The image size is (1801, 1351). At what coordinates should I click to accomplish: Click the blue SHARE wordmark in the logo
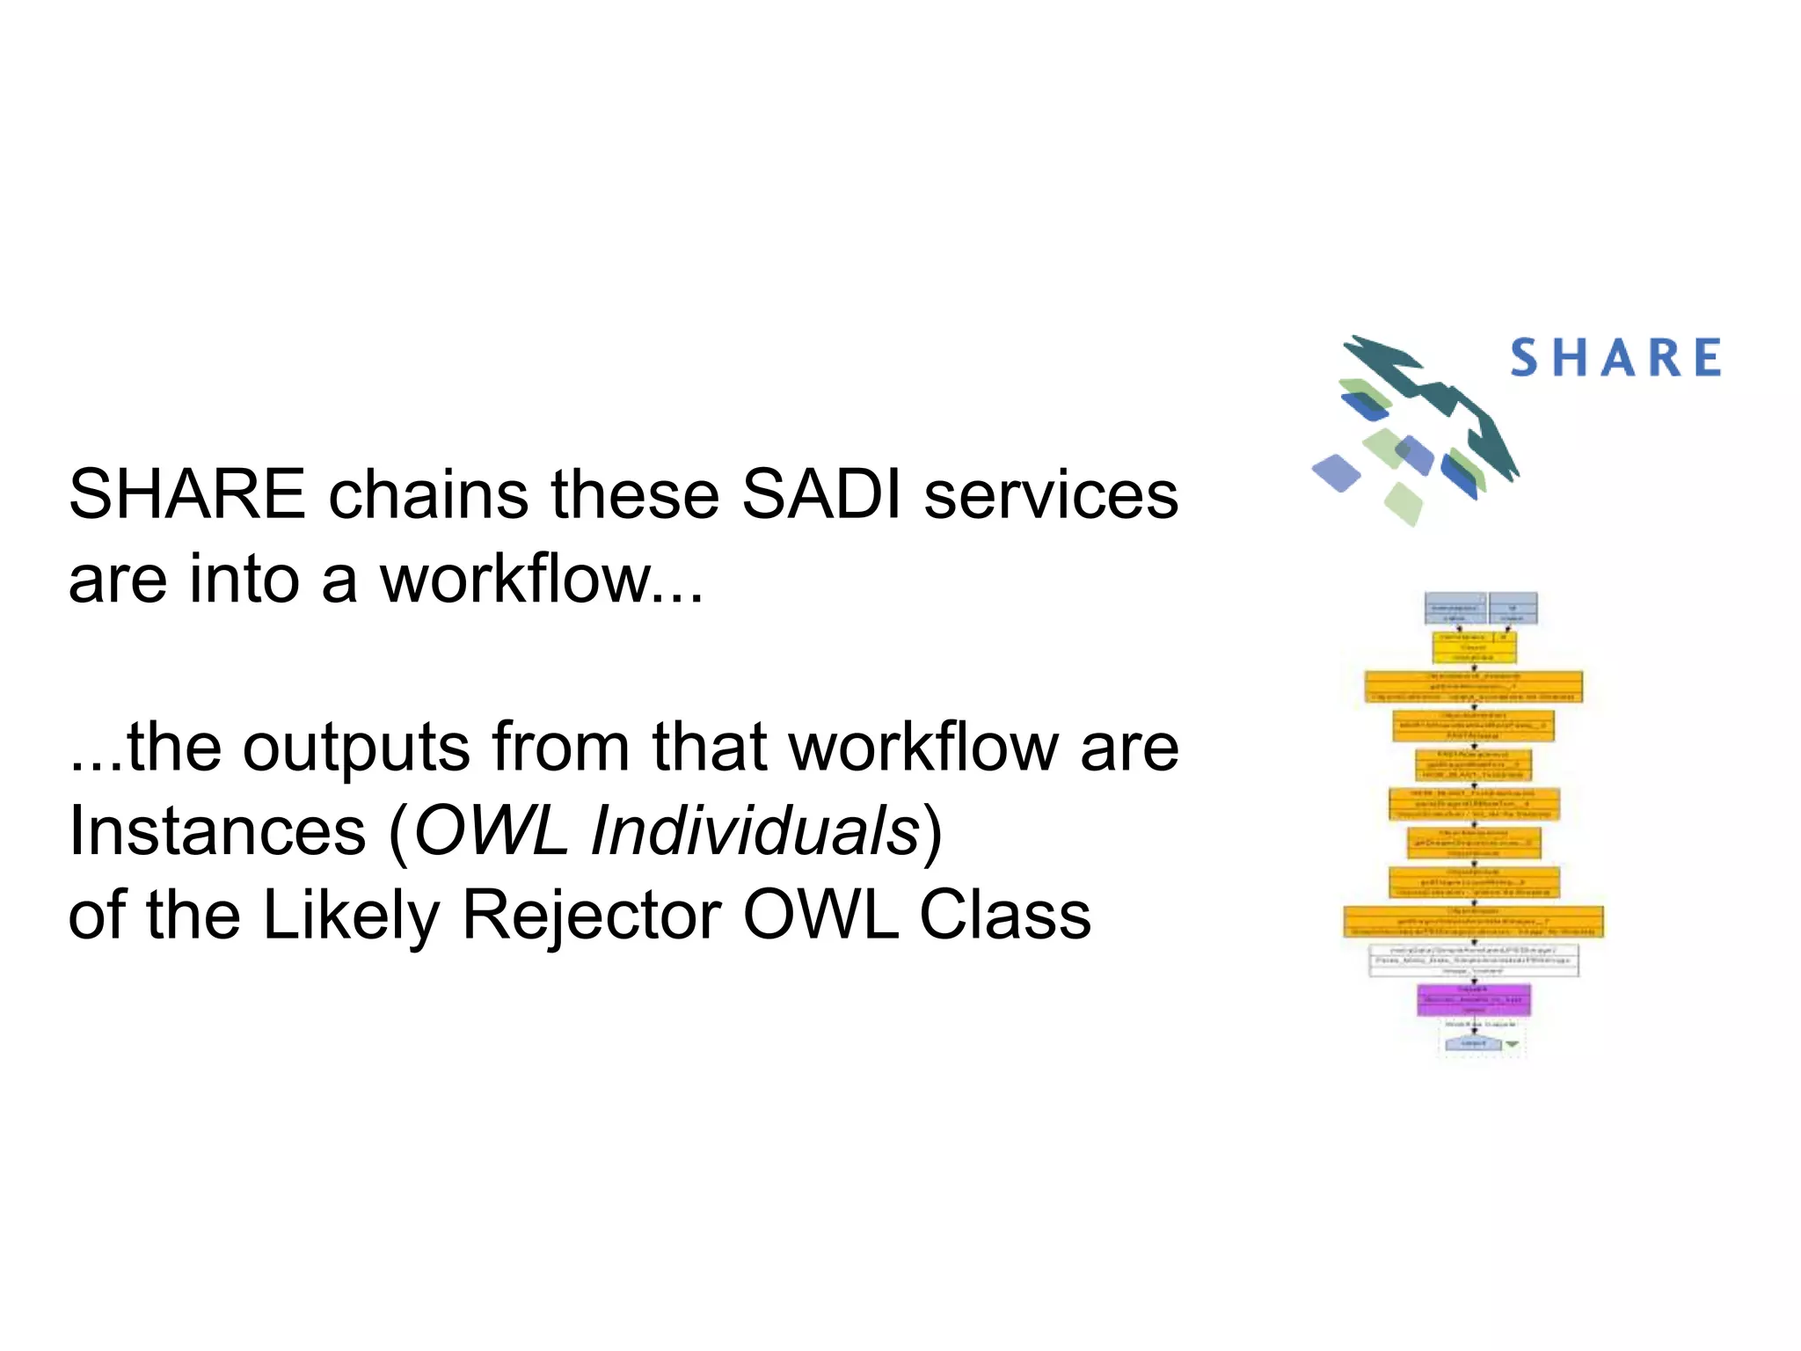point(1615,358)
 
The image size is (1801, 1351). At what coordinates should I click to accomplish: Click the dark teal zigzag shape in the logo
point(1442,396)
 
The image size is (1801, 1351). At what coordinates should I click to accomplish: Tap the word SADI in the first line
point(820,494)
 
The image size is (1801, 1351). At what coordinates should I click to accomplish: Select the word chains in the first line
point(428,494)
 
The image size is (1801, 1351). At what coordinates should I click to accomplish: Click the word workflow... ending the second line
point(541,580)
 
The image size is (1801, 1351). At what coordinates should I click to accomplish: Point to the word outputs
point(356,748)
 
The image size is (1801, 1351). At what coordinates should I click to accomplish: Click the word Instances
point(217,831)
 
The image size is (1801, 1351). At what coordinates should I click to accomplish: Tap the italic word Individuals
point(755,831)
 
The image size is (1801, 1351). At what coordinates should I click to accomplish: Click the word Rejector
point(591,916)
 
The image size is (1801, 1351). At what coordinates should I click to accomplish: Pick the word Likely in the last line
point(351,916)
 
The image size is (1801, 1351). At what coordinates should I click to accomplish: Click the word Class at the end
point(1004,916)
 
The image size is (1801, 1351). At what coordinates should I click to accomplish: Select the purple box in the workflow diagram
point(1474,999)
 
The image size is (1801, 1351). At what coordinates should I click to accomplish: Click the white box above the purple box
point(1474,960)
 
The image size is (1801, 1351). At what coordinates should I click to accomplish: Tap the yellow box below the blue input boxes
point(1474,648)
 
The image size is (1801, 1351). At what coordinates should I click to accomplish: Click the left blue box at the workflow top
point(1455,609)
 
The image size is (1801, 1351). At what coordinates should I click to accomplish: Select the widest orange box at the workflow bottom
point(1474,922)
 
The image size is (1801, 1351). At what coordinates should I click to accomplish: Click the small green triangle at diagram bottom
point(1512,1044)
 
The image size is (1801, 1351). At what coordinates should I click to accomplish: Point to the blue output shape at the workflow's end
point(1473,1044)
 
